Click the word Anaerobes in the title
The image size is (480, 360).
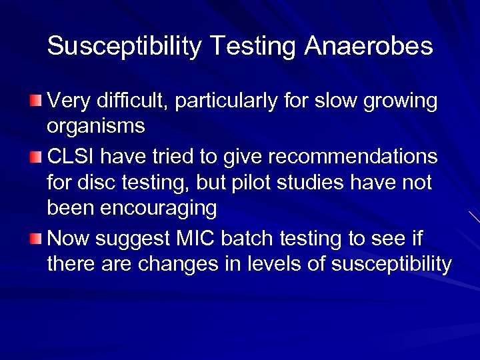click(x=369, y=46)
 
